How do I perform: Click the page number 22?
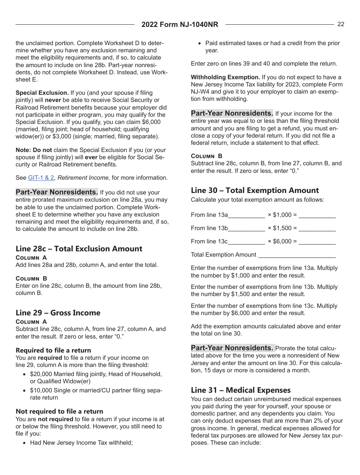point(341,24)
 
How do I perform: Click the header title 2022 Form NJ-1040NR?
point(180,25)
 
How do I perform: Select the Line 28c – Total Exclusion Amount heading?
point(79,249)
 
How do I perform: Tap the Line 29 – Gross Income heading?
point(58,313)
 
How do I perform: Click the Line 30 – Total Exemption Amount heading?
point(255,190)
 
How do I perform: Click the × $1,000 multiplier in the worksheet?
point(282,215)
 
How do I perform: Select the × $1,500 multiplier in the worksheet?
point(282,228)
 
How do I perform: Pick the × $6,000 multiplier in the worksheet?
point(282,241)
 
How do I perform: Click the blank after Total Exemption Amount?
point(297,256)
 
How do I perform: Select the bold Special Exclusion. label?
point(42,92)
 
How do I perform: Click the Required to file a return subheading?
point(53,350)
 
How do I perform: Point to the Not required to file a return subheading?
point(59,411)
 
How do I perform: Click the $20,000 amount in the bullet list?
point(40,374)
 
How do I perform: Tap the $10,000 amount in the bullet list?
point(40,390)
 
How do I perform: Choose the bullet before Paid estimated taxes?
point(200,44)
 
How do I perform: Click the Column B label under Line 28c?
point(31,278)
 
